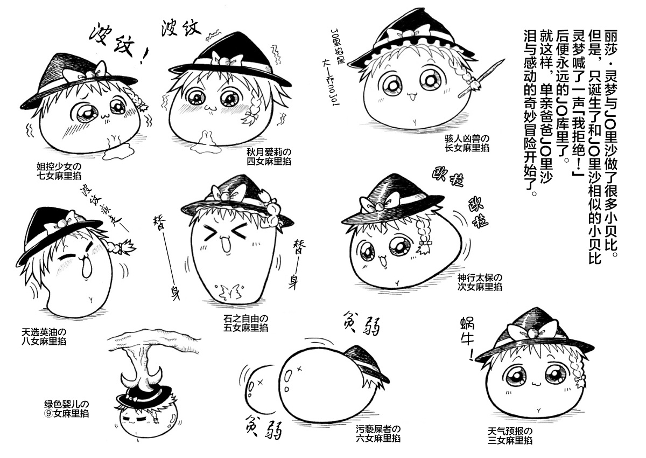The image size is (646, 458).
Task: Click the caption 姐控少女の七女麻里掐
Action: [59, 171]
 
